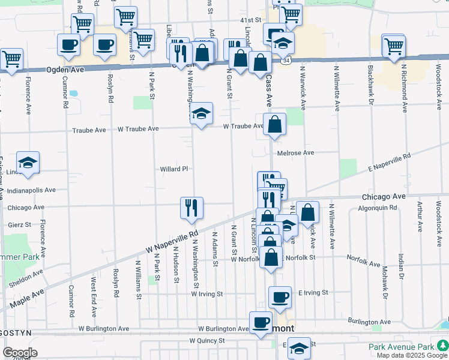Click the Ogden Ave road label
(x=65, y=70)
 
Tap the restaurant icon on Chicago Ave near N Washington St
(x=191, y=208)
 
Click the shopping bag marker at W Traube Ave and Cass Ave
(x=274, y=124)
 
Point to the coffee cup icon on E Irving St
(x=280, y=297)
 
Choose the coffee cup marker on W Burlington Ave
(x=261, y=323)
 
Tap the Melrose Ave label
(x=296, y=153)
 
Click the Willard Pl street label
(x=174, y=169)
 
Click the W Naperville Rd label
(x=171, y=241)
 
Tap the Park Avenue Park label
(x=400, y=347)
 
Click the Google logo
(x=20, y=353)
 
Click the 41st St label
(x=250, y=20)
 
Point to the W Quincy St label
(x=206, y=340)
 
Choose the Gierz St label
(x=20, y=224)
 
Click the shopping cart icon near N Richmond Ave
(x=394, y=46)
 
